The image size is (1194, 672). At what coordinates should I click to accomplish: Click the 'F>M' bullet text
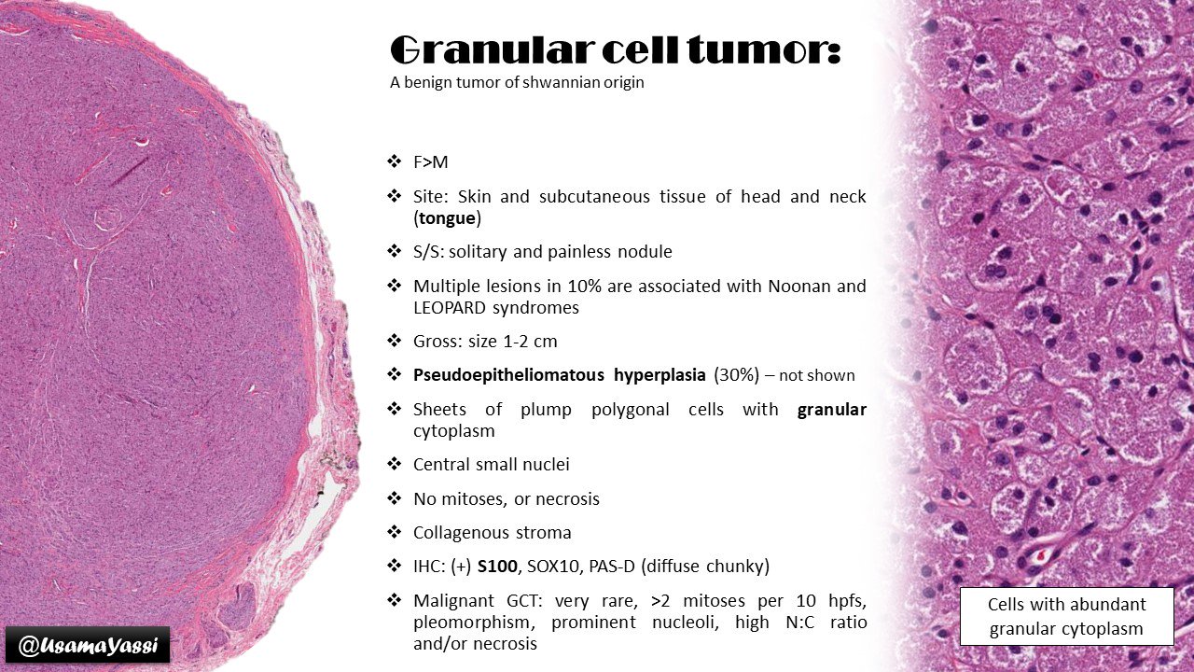tap(430, 162)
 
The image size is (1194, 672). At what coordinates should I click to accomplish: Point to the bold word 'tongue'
tap(446, 217)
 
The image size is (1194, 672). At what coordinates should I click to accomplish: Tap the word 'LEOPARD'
tap(451, 306)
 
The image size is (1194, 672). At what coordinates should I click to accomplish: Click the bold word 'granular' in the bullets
tap(831, 410)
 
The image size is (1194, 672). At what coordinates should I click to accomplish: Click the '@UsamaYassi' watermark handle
tap(88, 645)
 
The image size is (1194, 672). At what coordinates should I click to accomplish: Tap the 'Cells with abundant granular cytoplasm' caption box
tap(1066, 616)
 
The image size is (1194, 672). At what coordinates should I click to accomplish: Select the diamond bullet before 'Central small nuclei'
tap(394, 464)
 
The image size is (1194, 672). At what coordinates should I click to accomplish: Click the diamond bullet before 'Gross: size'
tap(394, 341)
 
